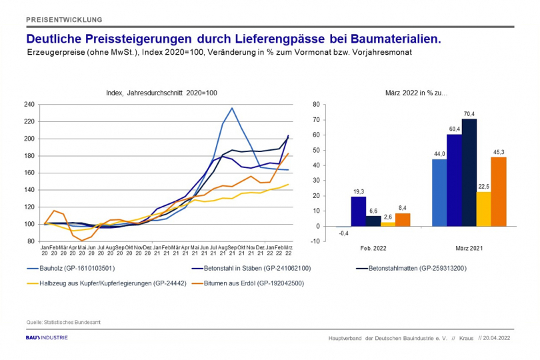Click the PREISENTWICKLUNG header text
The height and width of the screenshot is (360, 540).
[x=63, y=19]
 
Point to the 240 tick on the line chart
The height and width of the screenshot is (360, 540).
[x=29, y=105]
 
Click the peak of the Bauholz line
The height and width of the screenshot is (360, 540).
[x=231, y=108]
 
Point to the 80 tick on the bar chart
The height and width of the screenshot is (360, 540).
[x=316, y=105]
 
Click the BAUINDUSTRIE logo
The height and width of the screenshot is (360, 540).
[x=47, y=338]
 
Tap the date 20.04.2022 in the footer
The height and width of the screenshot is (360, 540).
[x=497, y=338]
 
